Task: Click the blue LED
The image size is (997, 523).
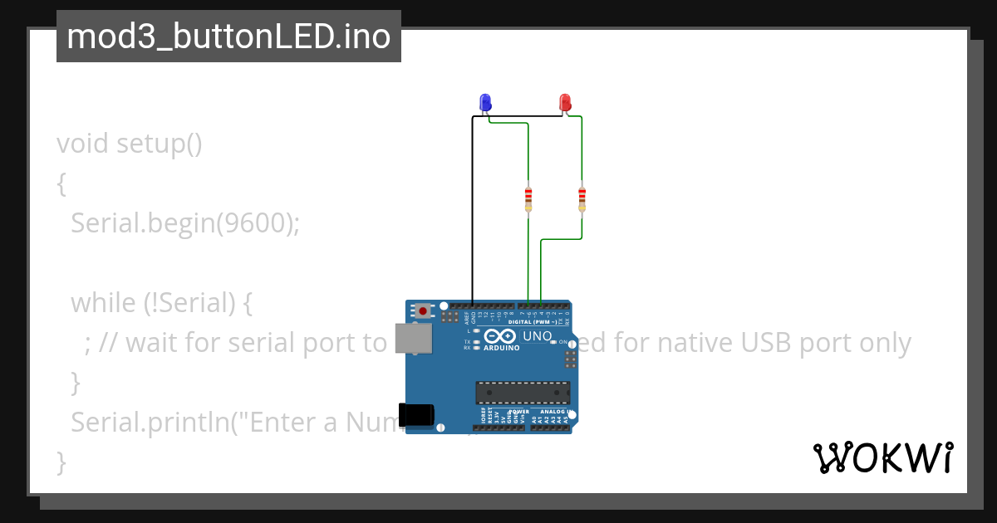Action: (485, 102)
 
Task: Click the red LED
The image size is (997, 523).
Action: (565, 102)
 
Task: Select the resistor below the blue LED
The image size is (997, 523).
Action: (528, 198)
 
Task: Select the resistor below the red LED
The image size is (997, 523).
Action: (582, 198)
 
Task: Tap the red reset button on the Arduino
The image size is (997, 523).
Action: (424, 311)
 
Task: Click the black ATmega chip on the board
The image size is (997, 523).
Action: (523, 393)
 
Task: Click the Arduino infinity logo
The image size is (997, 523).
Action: (499, 336)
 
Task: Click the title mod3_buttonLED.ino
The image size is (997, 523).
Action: (228, 37)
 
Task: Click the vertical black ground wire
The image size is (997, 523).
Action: (473, 208)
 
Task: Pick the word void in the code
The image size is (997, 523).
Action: (82, 144)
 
